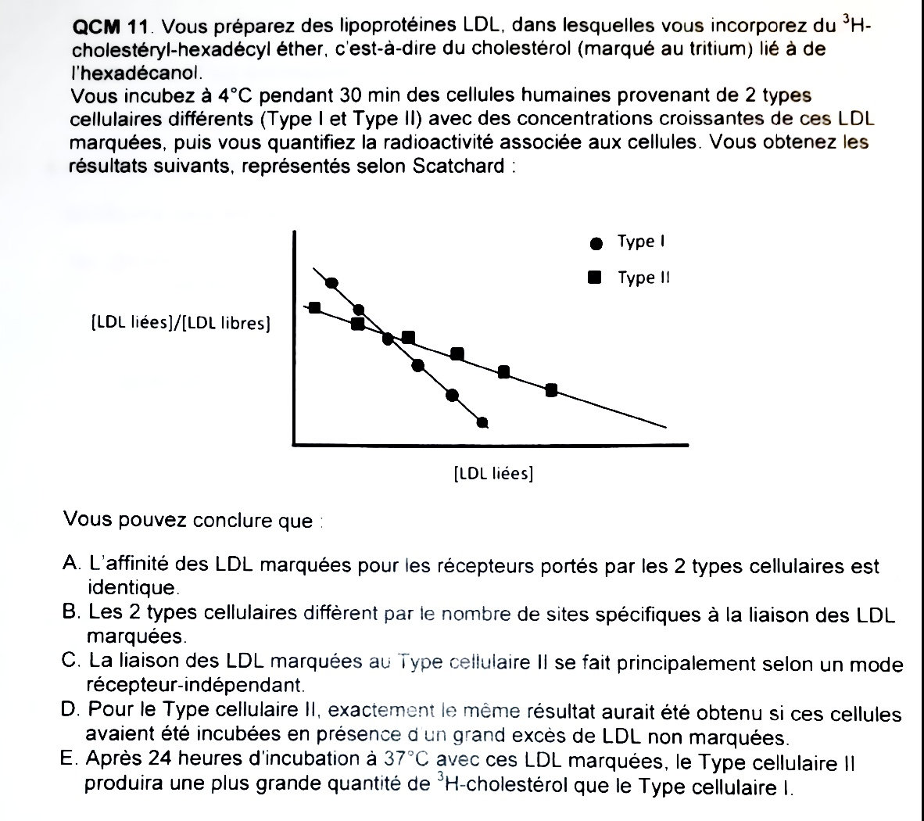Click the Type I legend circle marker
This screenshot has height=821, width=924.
coord(596,243)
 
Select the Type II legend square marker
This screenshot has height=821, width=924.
coord(595,278)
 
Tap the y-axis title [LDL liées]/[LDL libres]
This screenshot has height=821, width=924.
coord(181,322)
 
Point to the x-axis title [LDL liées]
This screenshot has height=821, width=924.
coord(493,474)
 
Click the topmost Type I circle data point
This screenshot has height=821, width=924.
coord(331,283)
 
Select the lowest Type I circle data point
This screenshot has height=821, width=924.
coord(482,423)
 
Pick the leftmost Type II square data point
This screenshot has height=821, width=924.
coord(315,308)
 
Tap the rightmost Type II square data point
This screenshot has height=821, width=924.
coord(551,390)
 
